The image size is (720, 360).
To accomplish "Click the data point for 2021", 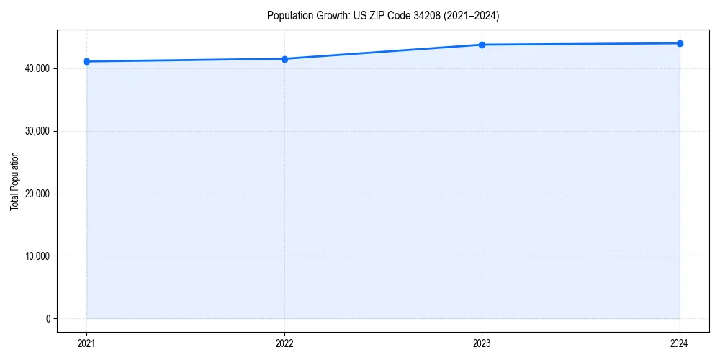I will tap(86, 61).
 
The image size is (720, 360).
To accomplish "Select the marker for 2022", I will tap(284, 59).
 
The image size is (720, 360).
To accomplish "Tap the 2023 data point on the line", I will tap(482, 45).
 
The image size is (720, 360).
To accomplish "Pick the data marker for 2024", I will tap(680, 43).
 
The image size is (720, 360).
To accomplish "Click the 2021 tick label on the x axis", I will tap(86, 343).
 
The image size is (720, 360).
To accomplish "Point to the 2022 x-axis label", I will tap(284, 343).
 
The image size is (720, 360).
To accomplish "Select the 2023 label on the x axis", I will tap(482, 343).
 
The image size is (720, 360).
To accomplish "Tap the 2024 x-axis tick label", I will tap(680, 343).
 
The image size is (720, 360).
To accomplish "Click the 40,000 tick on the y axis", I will tap(36, 68).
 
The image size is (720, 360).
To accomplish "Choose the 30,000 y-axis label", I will tap(36, 131).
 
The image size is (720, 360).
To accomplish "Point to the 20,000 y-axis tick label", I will tap(36, 194).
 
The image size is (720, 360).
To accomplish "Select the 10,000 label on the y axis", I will tap(36, 256).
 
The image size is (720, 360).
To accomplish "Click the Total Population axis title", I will tap(14, 181).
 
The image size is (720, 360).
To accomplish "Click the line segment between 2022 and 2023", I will tap(383, 52).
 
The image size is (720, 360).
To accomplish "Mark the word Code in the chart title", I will tap(396, 15).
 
